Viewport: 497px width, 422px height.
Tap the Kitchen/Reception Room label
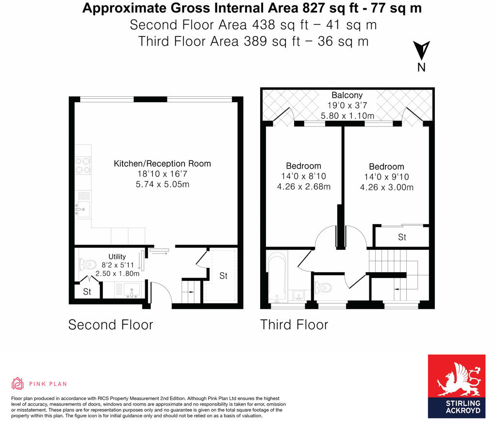click(x=162, y=163)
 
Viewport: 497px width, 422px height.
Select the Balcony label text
click(x=347, y=95)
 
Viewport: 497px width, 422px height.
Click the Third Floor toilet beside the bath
click(x=323, y=288)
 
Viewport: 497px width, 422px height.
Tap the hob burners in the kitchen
click(x=83, y=166)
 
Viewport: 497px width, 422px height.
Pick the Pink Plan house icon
click(x=18, y=384)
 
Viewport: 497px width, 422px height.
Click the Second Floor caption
click(x=111, y=324)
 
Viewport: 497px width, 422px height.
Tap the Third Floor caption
click(x=294, y=324)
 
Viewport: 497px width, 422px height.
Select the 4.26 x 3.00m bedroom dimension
click(x=386, y=188)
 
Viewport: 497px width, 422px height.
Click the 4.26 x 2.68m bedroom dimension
click(x=303, y=187)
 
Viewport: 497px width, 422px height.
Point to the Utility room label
click(x=117, y=257)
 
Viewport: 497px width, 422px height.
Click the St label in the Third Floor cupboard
click(x=402, y=237)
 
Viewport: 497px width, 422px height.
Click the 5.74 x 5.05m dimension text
click(x=162, y=185)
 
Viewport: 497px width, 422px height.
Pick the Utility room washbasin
click(x=131, y=291)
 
